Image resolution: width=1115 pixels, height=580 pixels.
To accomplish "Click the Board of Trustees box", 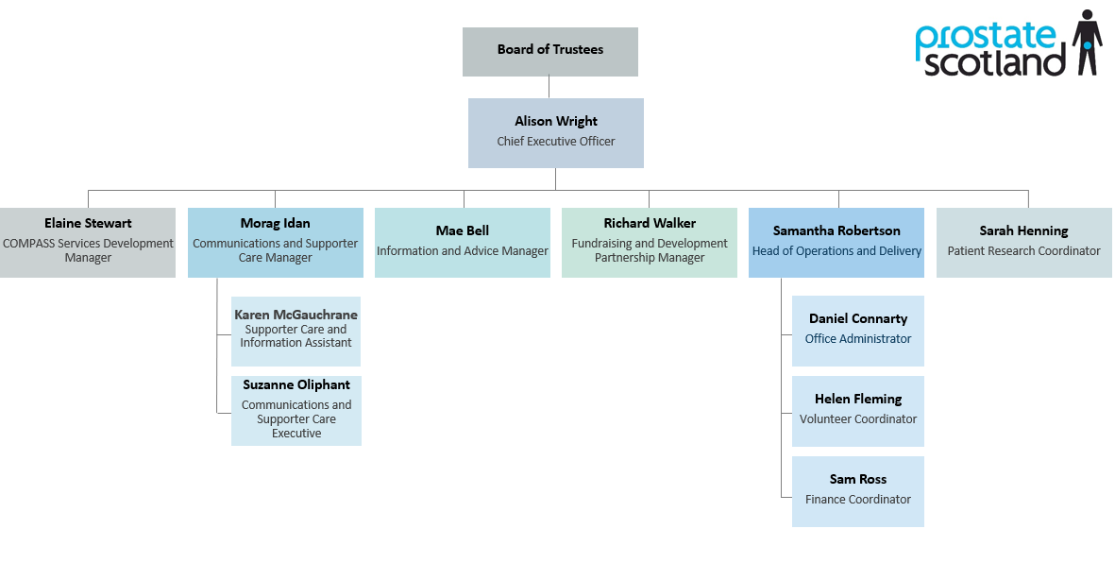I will click(549, 51).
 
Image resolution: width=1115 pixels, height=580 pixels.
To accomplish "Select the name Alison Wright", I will click(555, 121).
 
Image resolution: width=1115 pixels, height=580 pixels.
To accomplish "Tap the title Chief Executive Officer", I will click(555, 142).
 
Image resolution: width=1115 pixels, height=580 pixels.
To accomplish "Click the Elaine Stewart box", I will click(88, 242).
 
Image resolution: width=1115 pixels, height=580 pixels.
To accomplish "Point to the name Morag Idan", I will click(275, 223).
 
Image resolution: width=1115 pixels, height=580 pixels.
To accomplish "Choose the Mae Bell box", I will click(462, 242).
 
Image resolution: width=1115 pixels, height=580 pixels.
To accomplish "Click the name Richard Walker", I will click(650, 223).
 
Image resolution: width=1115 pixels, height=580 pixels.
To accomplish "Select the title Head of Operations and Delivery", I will click(836, 251).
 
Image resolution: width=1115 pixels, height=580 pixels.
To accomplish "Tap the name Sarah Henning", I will click(1023, 230).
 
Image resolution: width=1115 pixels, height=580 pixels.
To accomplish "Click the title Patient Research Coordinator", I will click(1023, 251).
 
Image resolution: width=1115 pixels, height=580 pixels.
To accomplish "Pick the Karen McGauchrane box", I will click(296, 331).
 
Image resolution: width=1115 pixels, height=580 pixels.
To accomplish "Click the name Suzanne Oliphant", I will click(296, 384).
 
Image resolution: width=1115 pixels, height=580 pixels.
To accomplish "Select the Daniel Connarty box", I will click(857, 331).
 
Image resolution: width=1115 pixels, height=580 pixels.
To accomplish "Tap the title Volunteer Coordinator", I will click(857, 419).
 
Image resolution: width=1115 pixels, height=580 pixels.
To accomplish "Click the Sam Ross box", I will click(857, 491).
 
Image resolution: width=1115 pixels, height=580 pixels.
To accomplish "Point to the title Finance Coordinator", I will click(857, 500).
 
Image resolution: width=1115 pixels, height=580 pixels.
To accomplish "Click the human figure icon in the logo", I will click(1087, 43).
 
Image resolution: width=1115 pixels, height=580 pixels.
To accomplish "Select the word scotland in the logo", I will click(994, 63).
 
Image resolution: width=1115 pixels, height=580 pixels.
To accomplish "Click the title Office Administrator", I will click(857, 339).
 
